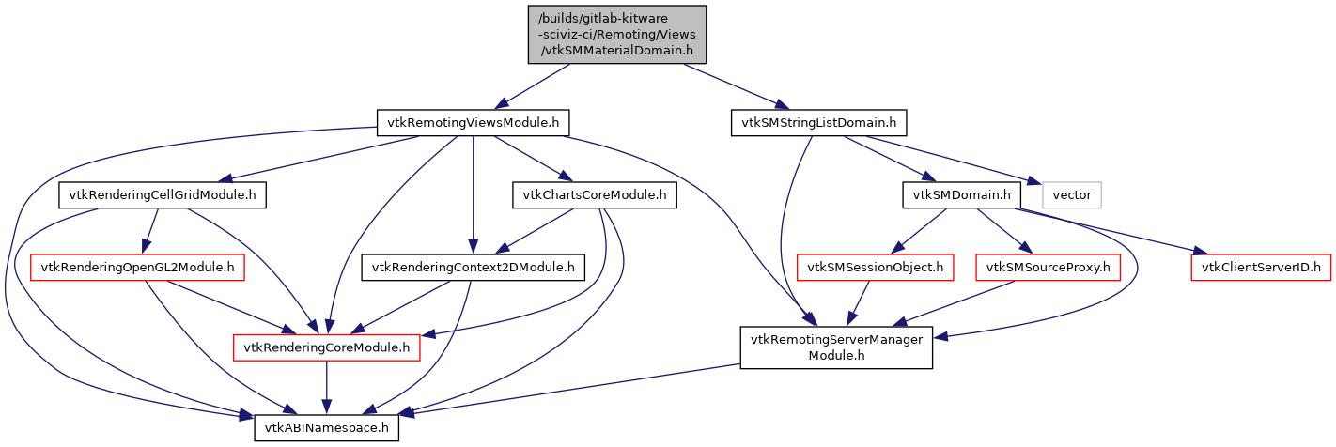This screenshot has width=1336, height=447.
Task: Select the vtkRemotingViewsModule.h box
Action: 474,122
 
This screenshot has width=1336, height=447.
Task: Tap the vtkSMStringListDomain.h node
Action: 818,122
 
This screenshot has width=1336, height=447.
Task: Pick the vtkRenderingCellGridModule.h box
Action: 163,195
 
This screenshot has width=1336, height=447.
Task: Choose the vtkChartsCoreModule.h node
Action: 594,195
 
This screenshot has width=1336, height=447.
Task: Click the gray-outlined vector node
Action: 1071,195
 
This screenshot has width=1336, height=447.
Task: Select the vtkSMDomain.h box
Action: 961,195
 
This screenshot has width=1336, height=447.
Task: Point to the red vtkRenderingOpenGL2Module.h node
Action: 138,268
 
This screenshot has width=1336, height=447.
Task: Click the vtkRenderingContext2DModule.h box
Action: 474,268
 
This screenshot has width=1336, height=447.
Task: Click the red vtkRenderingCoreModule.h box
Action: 327,348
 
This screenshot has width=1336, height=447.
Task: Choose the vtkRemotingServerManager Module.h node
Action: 836,347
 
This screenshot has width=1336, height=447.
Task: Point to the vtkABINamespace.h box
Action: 327,427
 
